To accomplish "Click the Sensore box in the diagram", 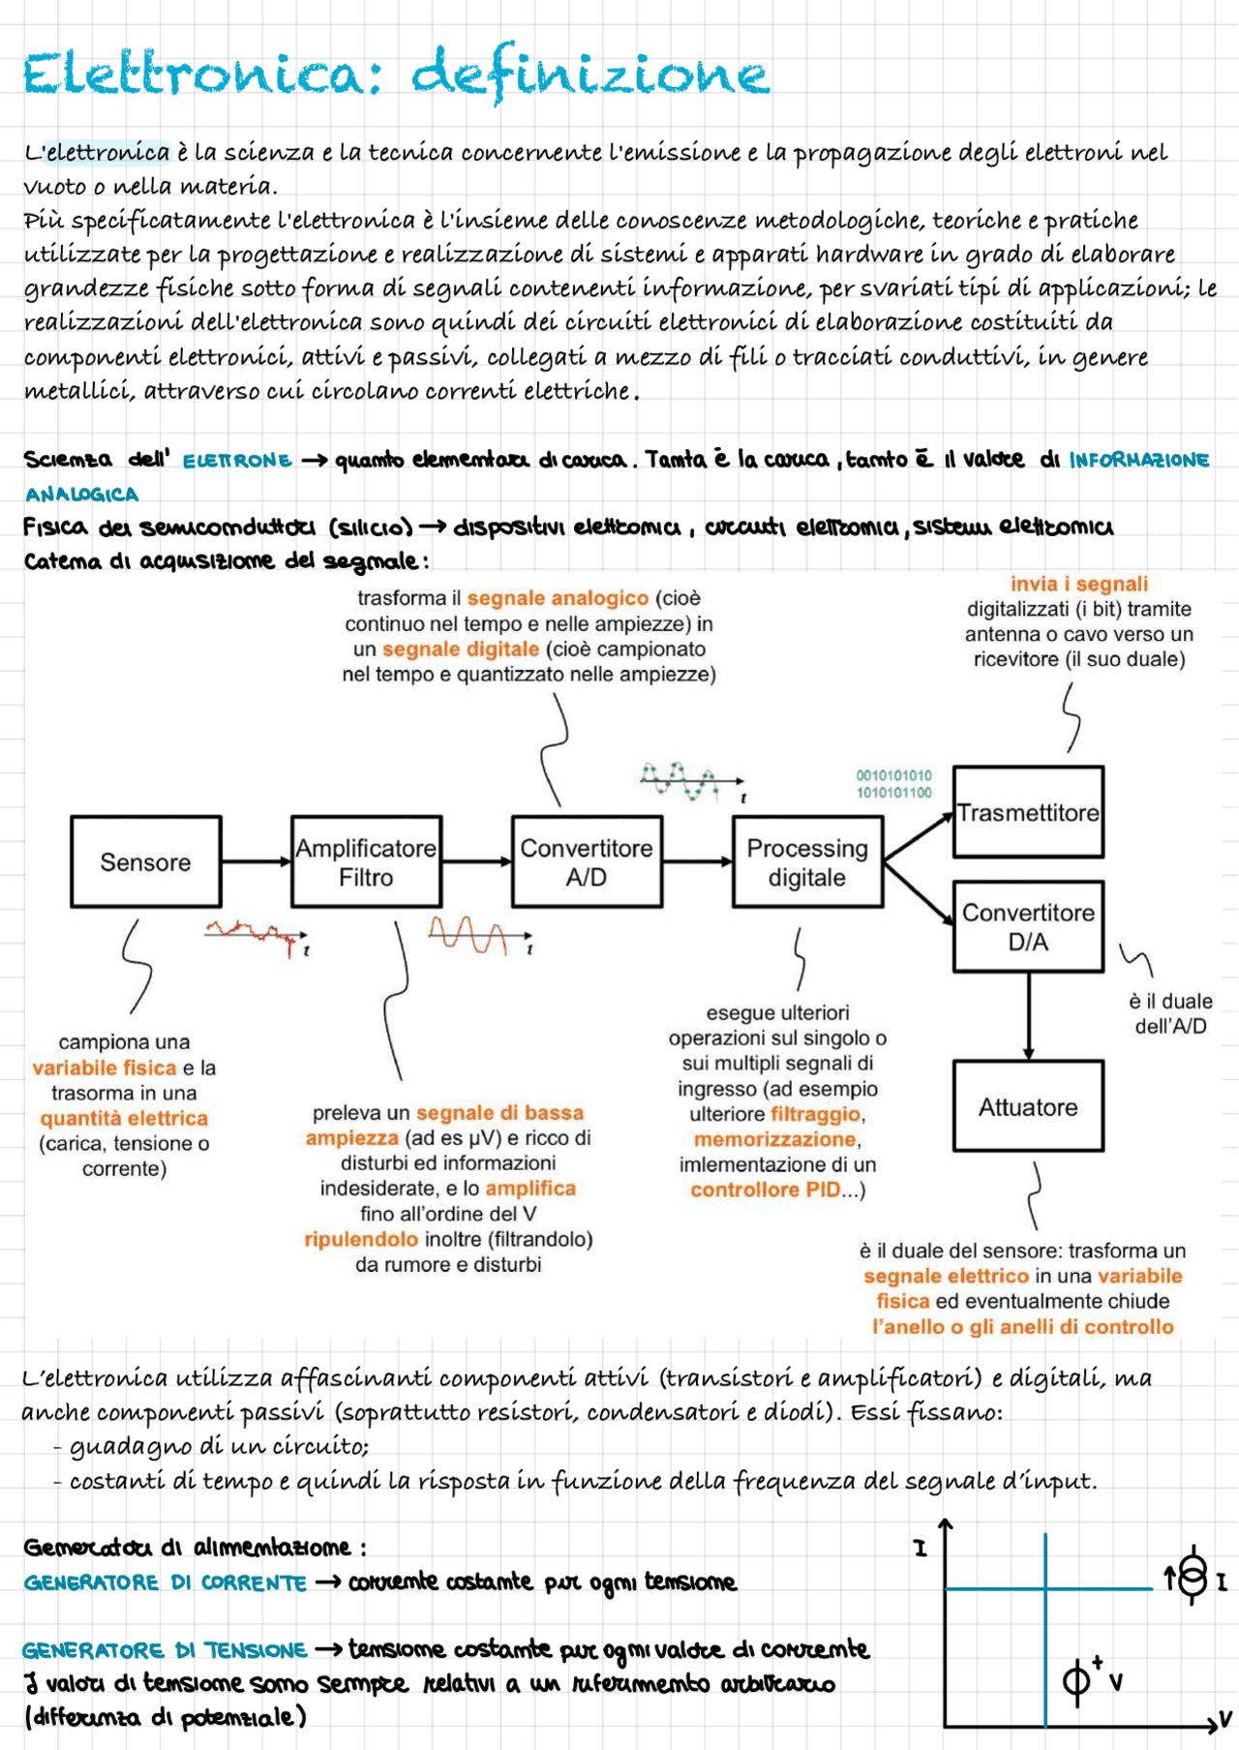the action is pyautogui.click(x=146, y=861).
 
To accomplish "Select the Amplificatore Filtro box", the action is pyautogui.click(x=366, y=861).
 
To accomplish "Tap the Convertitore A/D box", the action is pyautogui.click(x=587, y=861).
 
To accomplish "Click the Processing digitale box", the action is pyautogui.click(x=807, y=861).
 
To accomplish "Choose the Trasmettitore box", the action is pyautogui.click(x=1028, y=812).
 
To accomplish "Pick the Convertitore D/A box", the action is pyautogui.click(x=1028, y=926).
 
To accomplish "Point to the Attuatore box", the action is pyautogui.click(x=1028, y=1106).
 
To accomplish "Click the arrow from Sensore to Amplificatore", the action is pyautogui.click(x=257, y=861).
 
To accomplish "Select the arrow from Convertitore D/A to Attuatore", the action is pyautogui.click(x=1028, y=1016).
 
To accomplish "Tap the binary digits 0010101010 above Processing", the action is pyautogui.click(x=893, y=775).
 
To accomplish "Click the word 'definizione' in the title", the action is pyautogui.click(x=589, y=74).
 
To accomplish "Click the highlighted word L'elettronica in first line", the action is pyautogui.click(x=98, y=152).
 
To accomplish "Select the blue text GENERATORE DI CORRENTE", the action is pyautogui.click(x=165, y=1583).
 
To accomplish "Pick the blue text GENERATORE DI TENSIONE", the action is pyautogui.click(x=165, y=1649).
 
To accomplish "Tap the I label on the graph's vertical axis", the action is pyautogui.click(x=920, y=1549).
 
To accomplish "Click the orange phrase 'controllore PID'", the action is pyautogui.click(x=765, y=1190).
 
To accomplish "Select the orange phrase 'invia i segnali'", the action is pyautogui.click(x=1078, y=584).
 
